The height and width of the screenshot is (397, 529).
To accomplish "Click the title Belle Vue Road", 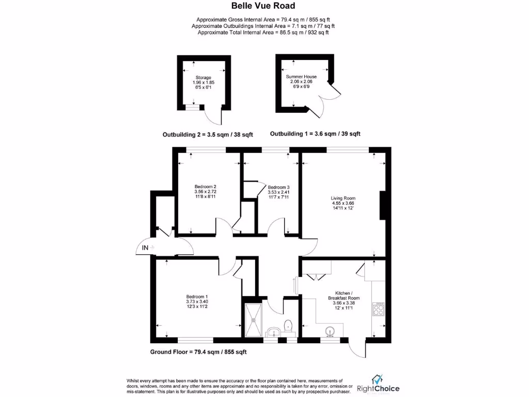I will click(264, 6).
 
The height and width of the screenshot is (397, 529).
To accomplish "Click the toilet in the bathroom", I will click(288, 325).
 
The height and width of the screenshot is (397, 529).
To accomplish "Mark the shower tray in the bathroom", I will click(253, 317).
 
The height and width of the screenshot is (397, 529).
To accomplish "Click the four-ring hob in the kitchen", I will click(377, 309).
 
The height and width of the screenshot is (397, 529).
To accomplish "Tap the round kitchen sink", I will click(330, 331).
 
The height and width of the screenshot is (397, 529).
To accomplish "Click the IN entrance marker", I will click(146, 248).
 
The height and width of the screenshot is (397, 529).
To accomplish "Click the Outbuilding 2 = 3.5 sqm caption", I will click(208, 134).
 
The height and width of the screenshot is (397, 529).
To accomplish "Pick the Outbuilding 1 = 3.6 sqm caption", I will click(315, 133).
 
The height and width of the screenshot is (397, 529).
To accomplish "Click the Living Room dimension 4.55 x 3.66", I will click(343, 203).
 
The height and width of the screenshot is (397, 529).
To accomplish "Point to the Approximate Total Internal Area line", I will click(263, 32).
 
